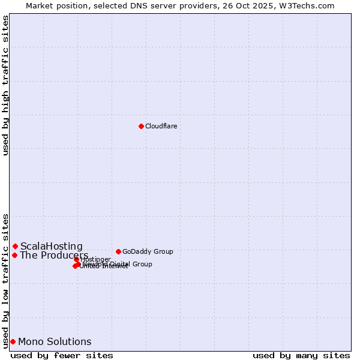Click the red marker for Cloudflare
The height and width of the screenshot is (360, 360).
click(x=141, y=126)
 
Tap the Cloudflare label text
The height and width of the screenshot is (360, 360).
click(x=161, y=126)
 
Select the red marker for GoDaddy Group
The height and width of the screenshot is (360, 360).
click(x=118, y=251)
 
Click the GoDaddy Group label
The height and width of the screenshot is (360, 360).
click(x=148, y=251)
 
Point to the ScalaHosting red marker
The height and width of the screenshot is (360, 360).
click(x=15, y=246)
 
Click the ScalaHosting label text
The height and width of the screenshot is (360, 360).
click(x=52, y=246)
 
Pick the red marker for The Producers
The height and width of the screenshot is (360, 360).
click(x=14, y=255)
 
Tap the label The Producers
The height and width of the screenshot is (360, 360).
click(x=54, y=256)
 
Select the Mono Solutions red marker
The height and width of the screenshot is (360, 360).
click(x=13, y=341)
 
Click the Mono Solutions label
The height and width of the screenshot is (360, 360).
click(x=55, y=342)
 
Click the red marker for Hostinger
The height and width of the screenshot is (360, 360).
click(x=77, y=260)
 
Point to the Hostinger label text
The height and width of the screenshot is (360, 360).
click(x=95, y=259)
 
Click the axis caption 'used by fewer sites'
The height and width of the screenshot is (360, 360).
click(x=62, y=355)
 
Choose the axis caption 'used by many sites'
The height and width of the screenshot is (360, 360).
click(x=301, y=355)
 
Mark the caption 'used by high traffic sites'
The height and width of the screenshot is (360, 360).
click(x=6, y=86)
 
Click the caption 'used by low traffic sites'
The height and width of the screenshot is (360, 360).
click(x=6, y=280)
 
